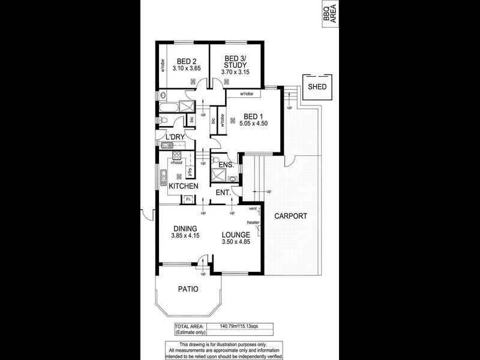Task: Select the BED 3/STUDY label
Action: tap(235, 61)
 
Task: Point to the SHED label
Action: tap(317, 87)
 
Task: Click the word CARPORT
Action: tap(291, 216)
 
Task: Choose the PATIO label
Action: tap(188, 289)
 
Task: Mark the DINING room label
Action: tap(185, 228)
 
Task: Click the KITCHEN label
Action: tap(183, 187)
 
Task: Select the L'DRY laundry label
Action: tap(175, 137)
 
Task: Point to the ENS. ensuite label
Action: tap(226, 164)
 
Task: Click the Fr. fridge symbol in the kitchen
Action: tap(188, 199)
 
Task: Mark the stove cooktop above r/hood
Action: tap(177, 154)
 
